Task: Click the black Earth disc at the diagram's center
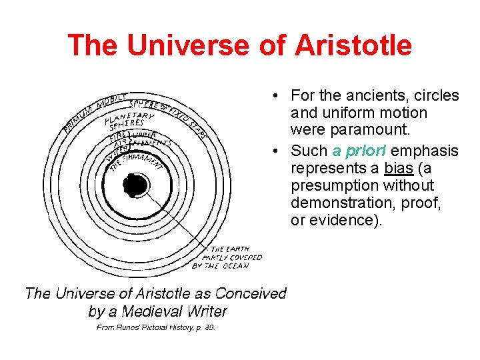[x=135, y=185]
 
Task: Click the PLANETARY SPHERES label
[x=129, y=122]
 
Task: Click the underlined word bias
[x=399, y=169]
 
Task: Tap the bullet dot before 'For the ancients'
[x=275, y=96]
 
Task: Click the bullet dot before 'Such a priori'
[x=275, y=151]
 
